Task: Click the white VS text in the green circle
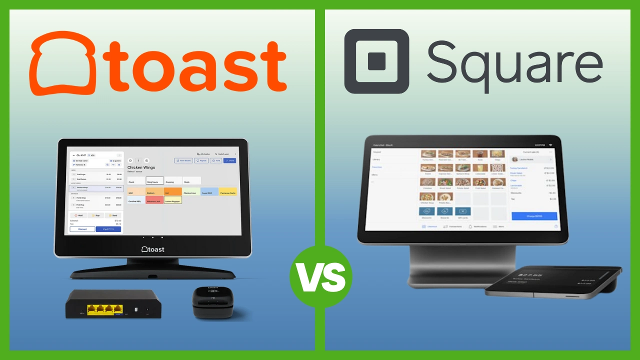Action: (x=320, y=276)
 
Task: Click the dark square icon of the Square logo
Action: (x=376, y=61)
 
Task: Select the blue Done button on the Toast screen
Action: (x=230, y=160)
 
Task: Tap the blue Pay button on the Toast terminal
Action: (x=108, y=229)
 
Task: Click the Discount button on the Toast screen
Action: (x=82, y=229)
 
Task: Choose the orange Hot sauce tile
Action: (x=172, y=192)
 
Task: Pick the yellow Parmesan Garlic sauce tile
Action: (x=227, y=192)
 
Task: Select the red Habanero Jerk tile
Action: (x=154, y=200)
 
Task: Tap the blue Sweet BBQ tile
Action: (x=209, y=192)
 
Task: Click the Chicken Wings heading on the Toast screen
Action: (x=141, y=167)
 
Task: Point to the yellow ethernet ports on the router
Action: (x=105, y=309)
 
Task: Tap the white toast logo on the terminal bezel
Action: (x=153, y=249)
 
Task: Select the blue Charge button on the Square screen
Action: (x=534, y=216)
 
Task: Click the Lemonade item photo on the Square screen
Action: (x=479, y=168)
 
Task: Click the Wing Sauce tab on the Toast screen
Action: (x=154, y=181)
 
